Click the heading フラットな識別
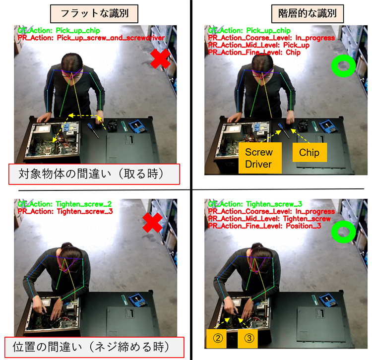coord(95,12)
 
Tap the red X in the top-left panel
coord(160,61)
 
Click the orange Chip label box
coord(309,153)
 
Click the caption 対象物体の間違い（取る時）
coord(94,175)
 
